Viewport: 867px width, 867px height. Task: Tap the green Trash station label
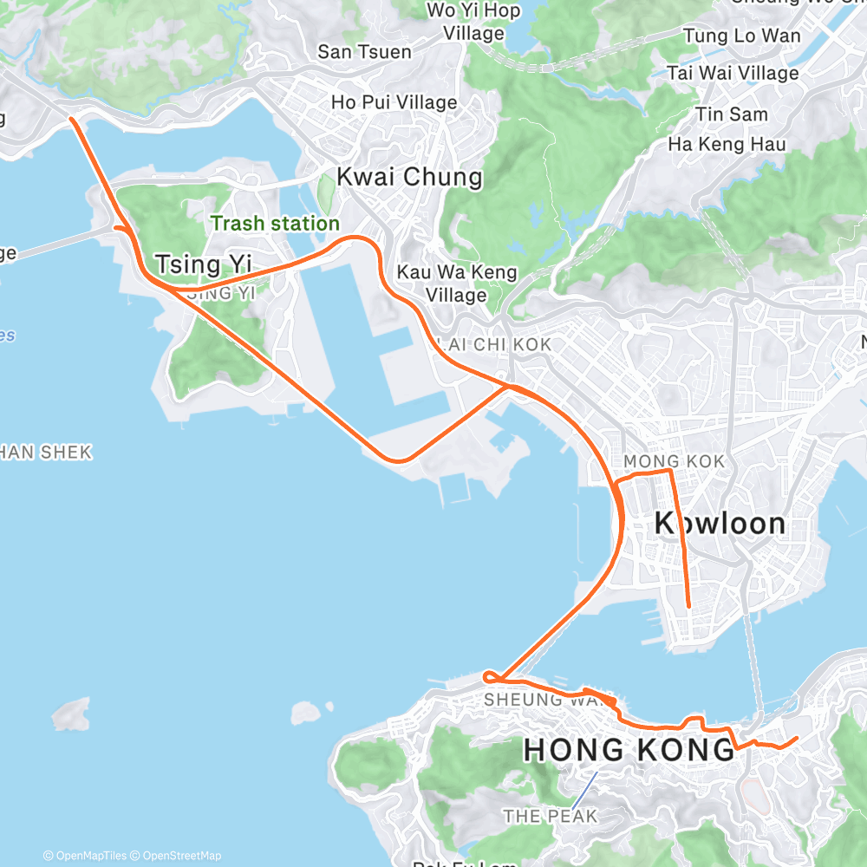click(x=275, y=224)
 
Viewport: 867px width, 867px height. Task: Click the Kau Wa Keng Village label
click(x=456, y=284)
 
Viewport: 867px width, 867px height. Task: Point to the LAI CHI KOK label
click(x=493, y=345)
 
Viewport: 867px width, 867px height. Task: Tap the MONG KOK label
click(x=674, y=461)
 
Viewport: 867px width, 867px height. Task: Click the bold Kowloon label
click(x=720, y=524)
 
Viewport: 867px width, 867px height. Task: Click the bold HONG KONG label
click(x=629, y=751)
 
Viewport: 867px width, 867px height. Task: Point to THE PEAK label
click(x=550, y=816)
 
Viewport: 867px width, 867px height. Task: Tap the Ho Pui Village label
click(x=394, y=102)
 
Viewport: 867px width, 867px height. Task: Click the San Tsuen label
click(x=364, y=52)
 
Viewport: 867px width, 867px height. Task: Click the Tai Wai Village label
click(x=733, y=74)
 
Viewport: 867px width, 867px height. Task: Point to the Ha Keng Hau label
click(x=727, y=144)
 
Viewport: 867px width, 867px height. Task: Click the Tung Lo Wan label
click(x=742, y=36)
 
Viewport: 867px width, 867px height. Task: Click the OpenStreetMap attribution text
click(x=181, y=856)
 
